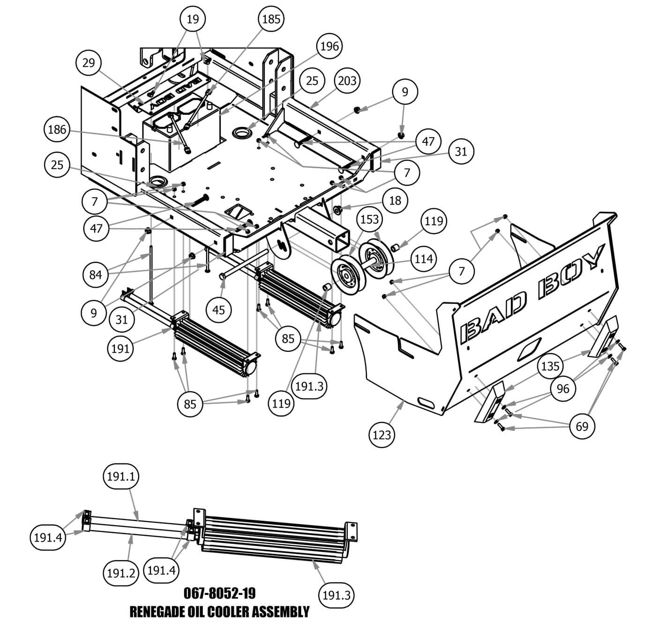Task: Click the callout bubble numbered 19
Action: click(193, 19)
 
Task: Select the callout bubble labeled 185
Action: click(271, 19)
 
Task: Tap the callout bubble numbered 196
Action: click(329, 46)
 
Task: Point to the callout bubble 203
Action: click(347, 81)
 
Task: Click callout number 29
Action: click(89, 63)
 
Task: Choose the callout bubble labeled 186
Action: click(57, 129)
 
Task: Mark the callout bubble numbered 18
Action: click(395, 201)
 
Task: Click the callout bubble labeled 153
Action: click(370, 219)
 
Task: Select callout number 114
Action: click(424, 258)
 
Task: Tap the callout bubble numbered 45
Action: click(219, 310)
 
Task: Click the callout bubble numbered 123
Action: click(382, 435)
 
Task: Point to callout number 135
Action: click(550, 366)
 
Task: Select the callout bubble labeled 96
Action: click(563, 388)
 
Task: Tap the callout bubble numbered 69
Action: click(581, 426)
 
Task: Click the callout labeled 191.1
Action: click(121, 477)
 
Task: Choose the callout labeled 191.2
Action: click(121, 572)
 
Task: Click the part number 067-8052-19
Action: click(219, 593)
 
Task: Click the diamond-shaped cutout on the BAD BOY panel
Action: click(530, 349)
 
